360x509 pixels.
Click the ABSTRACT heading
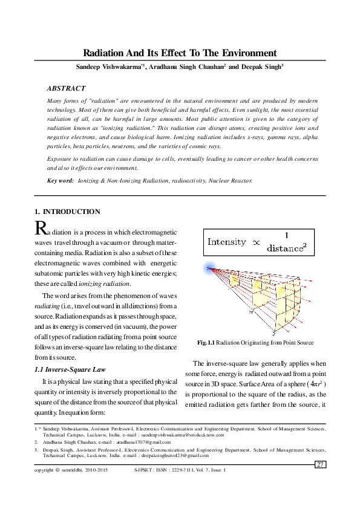pyautogui.click(x=66, y=88)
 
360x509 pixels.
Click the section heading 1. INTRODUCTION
pyautogui.click(x=67, y=212)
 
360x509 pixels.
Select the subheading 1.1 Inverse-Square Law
pyautogui.click(x=71, y=369)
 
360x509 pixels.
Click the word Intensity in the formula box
pyautogui.click(x=227, y=242)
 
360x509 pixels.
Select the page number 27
pyautogui.click(x=321, y=464)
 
